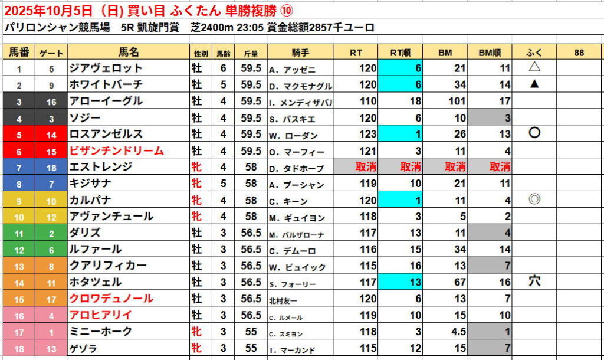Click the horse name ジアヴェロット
point(106,68)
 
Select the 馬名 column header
point(128,53)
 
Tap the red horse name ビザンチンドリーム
point(116,151)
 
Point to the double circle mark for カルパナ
point(535,199)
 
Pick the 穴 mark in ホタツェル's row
point(535,282)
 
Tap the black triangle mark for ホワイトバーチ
point(535,84)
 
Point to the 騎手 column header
point(301,53)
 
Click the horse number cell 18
point(19,349)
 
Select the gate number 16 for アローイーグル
point(51,102)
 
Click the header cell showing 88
point(579,53)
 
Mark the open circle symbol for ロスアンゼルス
point(535,133)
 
